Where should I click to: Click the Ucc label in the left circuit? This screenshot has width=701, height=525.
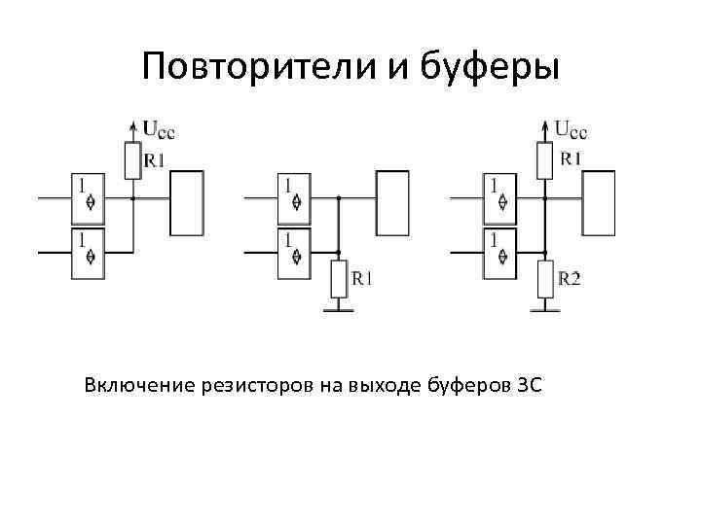[160, 127]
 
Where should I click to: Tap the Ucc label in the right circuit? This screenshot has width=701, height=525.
[572, 127]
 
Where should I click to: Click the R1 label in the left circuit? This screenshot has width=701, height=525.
[154, 160]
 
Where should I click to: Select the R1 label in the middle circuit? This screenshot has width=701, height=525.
[361, 278]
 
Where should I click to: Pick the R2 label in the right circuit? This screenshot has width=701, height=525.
[571, 279]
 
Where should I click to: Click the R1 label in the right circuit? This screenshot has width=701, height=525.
[571, 157]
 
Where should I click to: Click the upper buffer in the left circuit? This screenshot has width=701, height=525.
[88, 198]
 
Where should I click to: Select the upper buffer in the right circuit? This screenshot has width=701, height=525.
[500, 198]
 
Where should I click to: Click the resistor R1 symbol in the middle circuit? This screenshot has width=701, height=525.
[338, 280]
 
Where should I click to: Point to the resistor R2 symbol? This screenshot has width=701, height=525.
[545, 280]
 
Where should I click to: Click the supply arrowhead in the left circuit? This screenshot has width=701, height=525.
[132, 124]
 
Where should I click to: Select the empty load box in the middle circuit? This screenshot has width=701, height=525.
[394, 203]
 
